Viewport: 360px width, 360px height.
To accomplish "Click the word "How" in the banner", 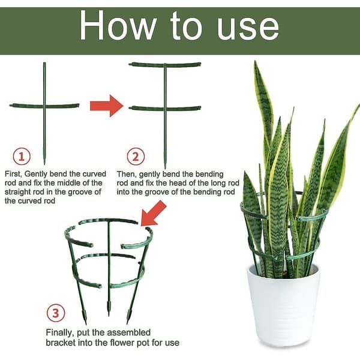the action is pos(118,26).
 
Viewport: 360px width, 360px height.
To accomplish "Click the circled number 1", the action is pos(22,157).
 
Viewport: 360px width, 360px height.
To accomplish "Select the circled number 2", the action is pos(136,157).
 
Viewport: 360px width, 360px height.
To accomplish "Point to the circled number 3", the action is pos(56,313).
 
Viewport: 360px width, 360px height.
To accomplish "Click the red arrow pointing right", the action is pos(107,106).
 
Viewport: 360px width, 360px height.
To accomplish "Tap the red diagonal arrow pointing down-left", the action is pos(154,213).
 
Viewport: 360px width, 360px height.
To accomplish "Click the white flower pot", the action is pos(284,305).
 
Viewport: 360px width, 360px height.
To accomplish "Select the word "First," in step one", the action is pos(13,174).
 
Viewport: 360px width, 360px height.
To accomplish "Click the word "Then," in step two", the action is pos(127,174).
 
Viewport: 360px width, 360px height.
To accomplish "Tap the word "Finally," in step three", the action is pos(60,332).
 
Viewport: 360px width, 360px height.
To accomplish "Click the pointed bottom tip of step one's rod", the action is pos(44,164).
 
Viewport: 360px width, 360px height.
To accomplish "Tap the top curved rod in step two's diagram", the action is pos(165,65).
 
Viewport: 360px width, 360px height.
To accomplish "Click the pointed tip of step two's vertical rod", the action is pos(165,168).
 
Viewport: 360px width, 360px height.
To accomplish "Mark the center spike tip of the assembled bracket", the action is pos(109,316).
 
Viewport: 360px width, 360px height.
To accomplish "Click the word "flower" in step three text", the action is pos(122,343).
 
